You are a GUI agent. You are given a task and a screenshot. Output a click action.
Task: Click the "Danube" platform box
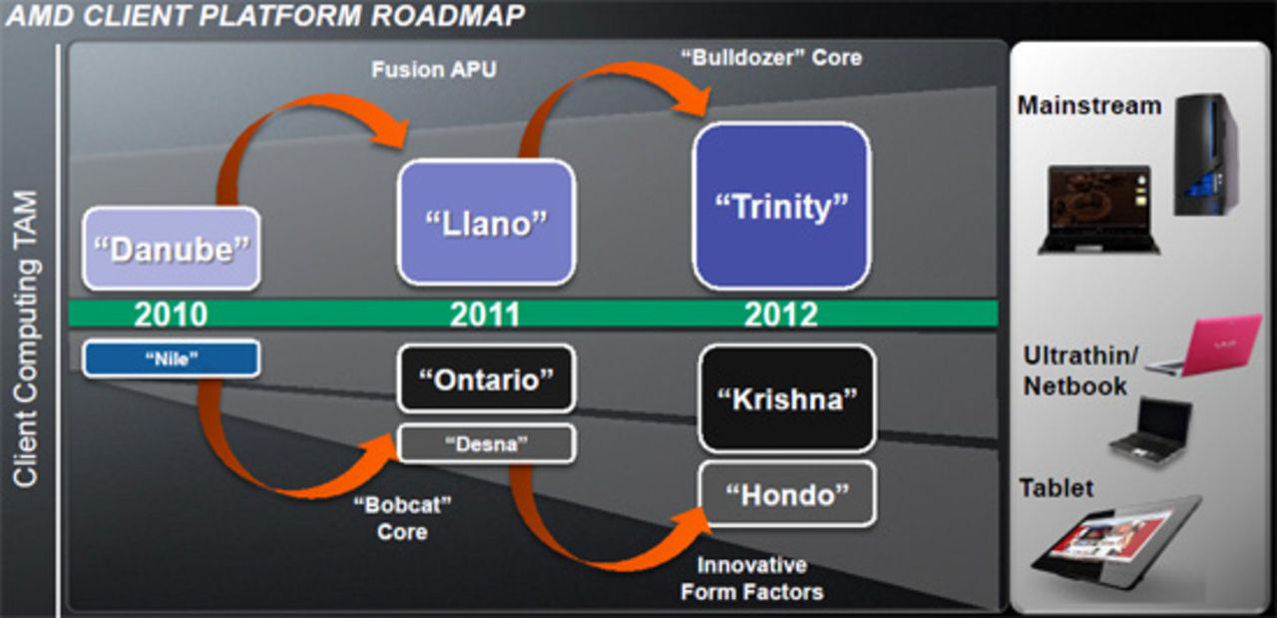point(171,249)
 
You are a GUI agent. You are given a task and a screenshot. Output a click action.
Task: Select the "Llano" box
point(486,222)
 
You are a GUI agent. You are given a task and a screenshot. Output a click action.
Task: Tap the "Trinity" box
point(781,207)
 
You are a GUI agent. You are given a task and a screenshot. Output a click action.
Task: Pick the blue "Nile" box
point(171,359)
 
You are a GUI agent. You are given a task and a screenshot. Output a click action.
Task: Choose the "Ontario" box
point(486,378)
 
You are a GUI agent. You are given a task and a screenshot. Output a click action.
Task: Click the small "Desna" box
point(486,443)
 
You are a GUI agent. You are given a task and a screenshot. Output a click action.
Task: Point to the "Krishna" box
point(787,398)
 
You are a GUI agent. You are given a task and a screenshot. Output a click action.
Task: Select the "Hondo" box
point(787,493)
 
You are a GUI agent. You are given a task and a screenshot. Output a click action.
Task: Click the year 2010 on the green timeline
point(171,314)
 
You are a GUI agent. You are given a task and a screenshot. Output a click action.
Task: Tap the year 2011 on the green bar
point(485,314)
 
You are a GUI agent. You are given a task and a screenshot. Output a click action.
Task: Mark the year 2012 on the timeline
point(780,314)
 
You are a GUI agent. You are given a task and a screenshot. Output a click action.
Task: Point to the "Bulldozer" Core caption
point(771,57)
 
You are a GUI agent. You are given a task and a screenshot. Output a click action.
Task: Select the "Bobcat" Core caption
point(402,518)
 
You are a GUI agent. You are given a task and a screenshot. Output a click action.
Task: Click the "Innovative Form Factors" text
point(752,579)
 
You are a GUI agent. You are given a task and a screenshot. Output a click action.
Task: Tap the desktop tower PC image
point(1206,154)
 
